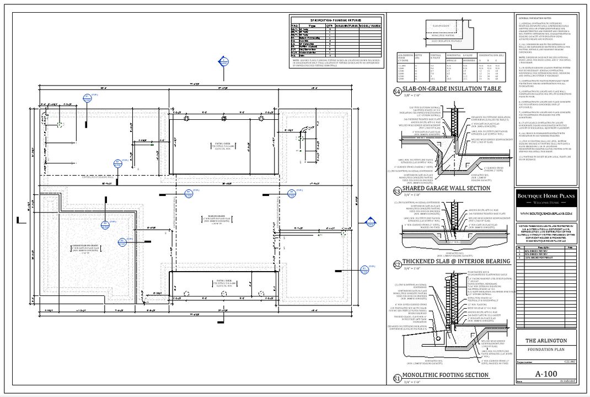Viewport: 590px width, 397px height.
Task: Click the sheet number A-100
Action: click(x=546, y=374)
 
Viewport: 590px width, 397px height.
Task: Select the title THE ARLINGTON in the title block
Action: click(x=546, y=341)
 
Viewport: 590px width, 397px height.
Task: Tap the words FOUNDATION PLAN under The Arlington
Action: click(x=546, y=350)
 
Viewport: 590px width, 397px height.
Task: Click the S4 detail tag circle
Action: click(x=396, y=92)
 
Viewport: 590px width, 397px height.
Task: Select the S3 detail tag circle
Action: click(x=396, y=192)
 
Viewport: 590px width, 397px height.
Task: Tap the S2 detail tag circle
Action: click(x=396, y=265)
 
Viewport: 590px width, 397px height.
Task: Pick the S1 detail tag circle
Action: click(x=396, y=378)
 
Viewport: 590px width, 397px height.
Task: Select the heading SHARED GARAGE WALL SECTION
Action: click(x=446, y=188)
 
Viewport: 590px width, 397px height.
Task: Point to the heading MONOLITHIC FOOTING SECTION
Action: click(x=445, y=375)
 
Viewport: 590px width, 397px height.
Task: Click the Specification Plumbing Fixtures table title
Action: click(x=336, y=19)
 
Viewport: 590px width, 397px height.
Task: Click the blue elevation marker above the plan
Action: click(x=223, y=61)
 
